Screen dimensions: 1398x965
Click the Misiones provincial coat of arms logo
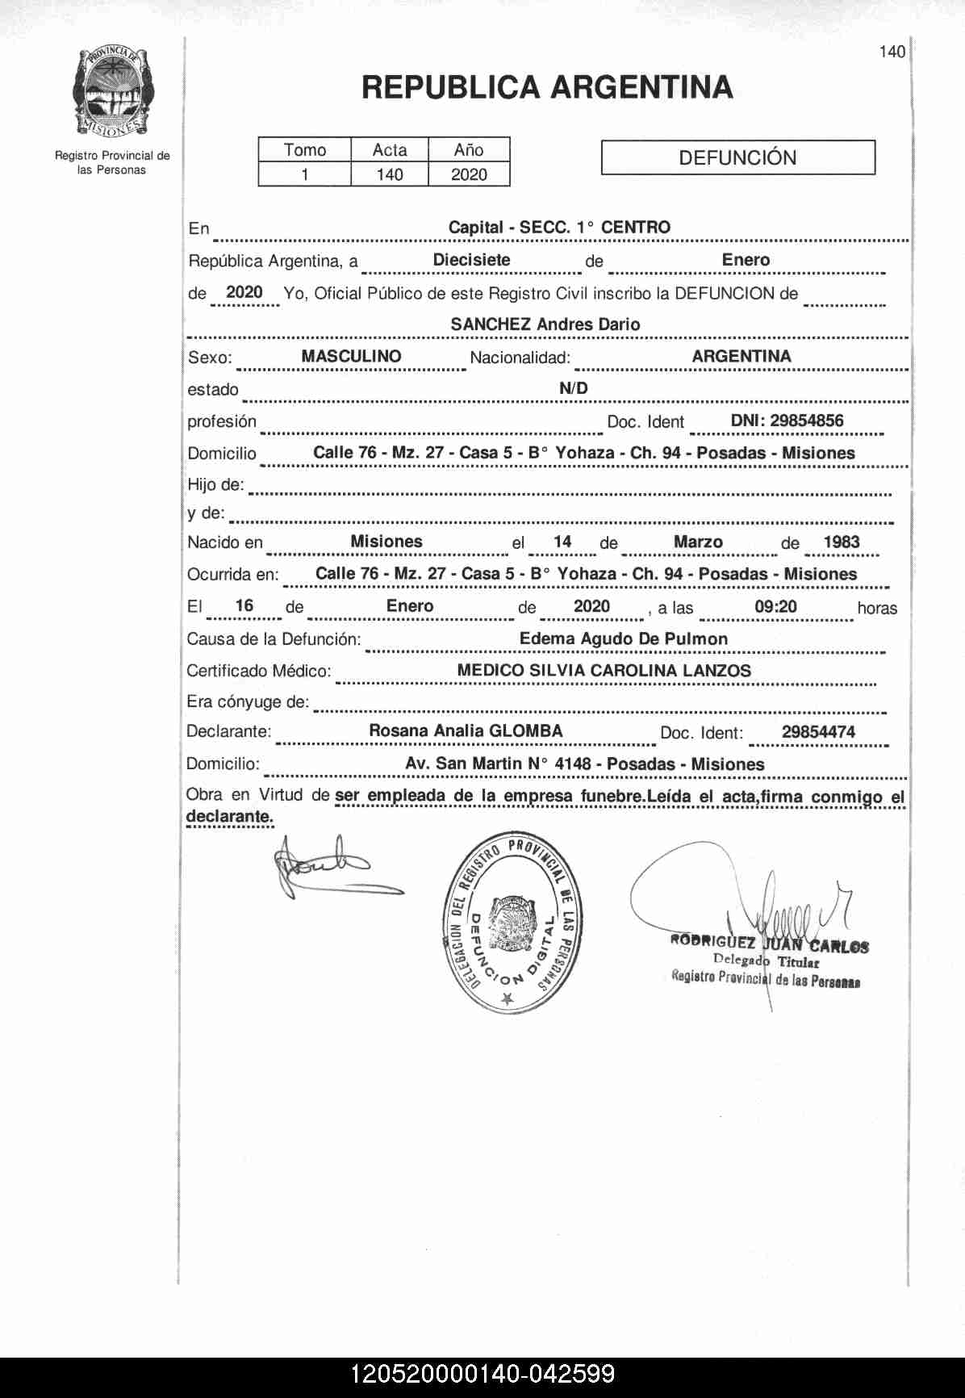point(114,92)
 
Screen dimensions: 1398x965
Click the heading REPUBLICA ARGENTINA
point(547,87)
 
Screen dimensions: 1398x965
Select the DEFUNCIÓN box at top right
point(737,157)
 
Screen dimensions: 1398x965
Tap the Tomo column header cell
point(305,150)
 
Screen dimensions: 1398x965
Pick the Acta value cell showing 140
point(390,174)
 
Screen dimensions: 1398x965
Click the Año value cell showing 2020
point(469,174)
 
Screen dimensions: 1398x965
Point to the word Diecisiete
point(471,260)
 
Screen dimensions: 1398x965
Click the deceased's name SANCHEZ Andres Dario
point(545,324)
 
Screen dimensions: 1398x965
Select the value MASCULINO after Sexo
point(351,356)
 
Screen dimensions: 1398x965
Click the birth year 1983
point(842,542)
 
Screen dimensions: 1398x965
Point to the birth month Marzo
point(698,542)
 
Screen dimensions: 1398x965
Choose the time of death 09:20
point(775,607)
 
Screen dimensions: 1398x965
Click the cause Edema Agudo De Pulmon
point(624,639)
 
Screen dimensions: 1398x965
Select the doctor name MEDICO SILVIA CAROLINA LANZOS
point(604,671)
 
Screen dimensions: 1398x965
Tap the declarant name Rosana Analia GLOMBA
point(466,731)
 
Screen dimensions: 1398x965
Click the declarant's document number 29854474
point(818,733)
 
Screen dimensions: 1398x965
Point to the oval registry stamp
point(508,923)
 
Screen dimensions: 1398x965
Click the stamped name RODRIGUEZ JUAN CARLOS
point(769,944)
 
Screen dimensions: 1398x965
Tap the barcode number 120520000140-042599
point(482,1375)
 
